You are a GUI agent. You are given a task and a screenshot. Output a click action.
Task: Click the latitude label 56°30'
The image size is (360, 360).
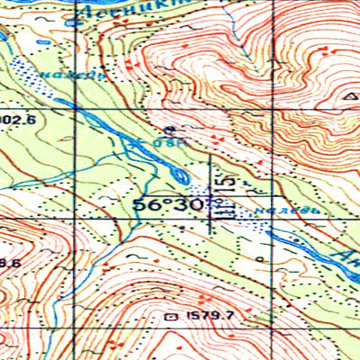point(168,204)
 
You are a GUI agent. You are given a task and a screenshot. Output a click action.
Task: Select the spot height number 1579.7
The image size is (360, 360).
point(211,315)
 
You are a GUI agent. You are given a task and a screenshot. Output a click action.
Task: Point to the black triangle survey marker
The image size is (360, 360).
point(351,94)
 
